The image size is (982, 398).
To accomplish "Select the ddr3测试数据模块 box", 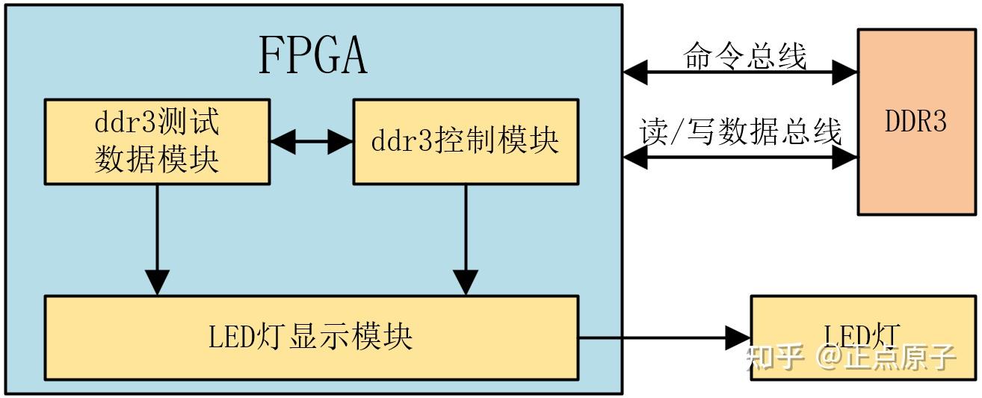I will point(156,141).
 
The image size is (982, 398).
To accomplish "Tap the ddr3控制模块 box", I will point(465,141).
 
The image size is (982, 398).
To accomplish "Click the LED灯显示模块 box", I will point(310,337).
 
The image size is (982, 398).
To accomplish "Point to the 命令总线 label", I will point(744,56).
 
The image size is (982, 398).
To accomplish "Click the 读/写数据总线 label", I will point(740,131).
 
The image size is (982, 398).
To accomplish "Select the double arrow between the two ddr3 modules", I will point(310,141).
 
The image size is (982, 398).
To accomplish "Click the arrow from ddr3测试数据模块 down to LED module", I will point(157,239).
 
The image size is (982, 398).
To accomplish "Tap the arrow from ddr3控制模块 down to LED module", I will point(466,239).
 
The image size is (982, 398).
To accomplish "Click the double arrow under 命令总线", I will point(740,72).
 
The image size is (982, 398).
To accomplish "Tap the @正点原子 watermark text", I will point(886,358).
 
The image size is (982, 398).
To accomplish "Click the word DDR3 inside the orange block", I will point(915,122).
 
